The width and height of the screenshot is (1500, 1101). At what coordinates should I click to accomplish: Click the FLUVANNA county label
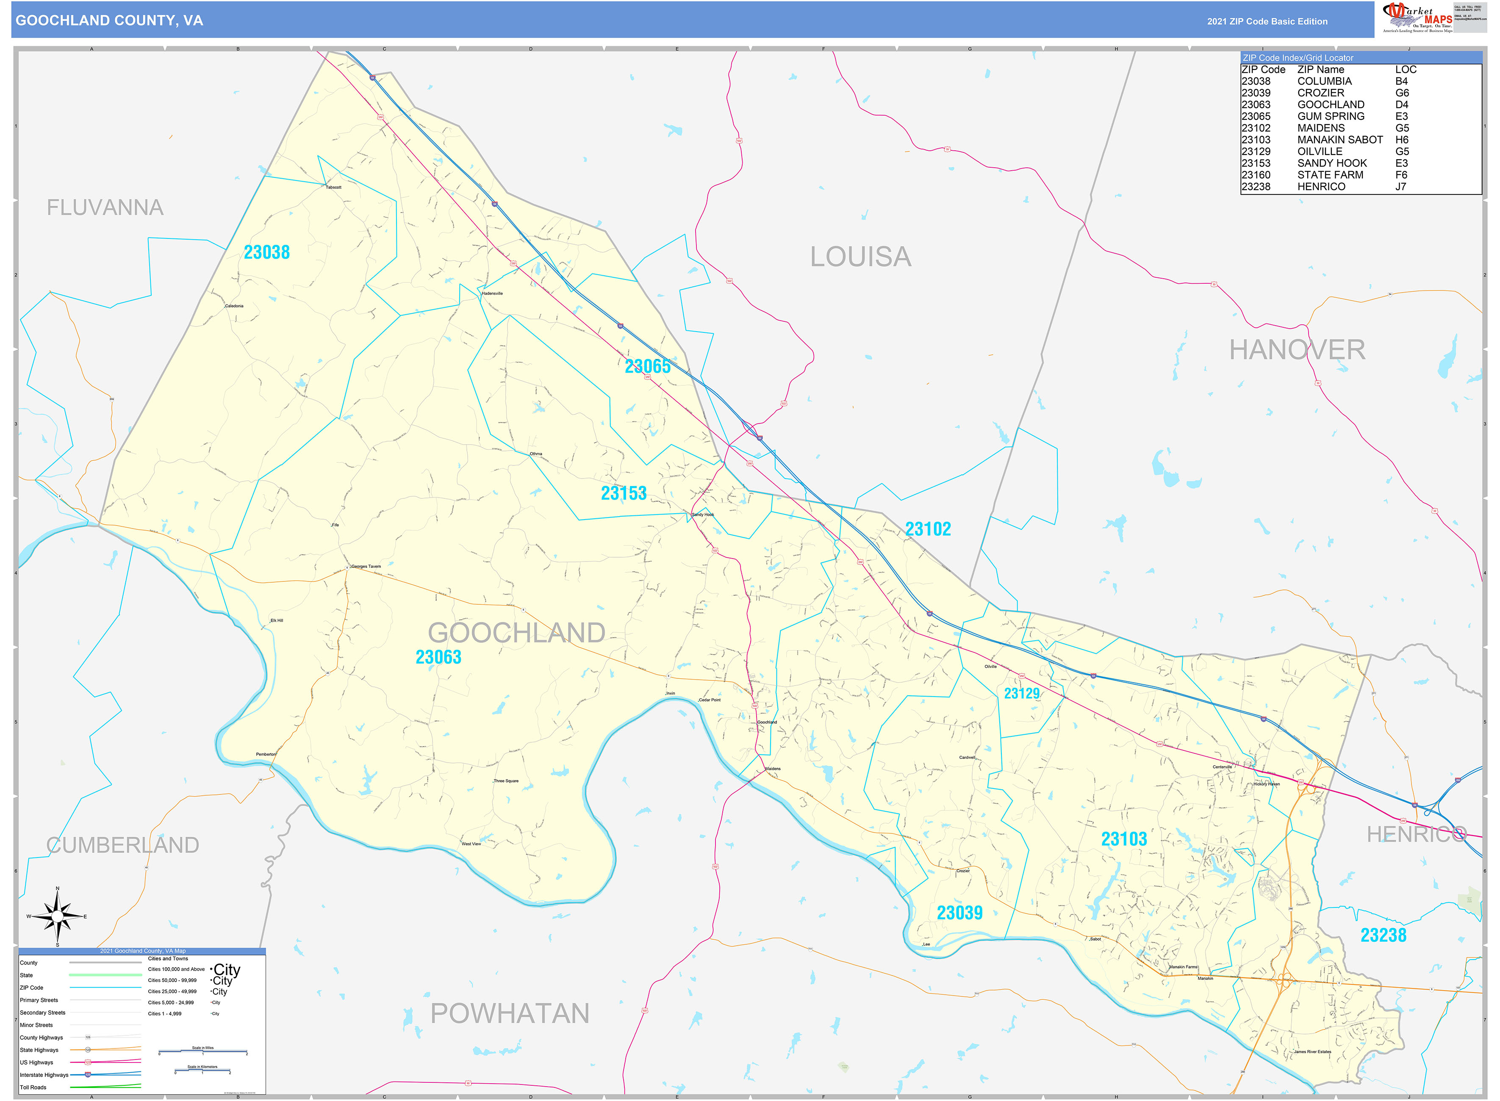105,208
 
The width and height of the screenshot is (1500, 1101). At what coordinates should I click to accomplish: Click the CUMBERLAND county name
123,845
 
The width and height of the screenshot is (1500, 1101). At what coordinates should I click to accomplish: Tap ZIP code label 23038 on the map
267,252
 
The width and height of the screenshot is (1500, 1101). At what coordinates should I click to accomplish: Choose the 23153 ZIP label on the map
623,493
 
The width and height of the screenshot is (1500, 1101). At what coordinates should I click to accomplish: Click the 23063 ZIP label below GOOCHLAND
438,658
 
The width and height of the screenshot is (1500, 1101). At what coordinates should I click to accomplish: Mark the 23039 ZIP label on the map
959,913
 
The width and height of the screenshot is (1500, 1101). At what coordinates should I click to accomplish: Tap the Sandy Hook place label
703,515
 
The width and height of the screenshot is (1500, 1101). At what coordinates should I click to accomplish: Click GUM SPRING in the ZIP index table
1330,116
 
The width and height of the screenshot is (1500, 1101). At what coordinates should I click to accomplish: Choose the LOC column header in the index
1406,70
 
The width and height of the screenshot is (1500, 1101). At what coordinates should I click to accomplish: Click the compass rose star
57,917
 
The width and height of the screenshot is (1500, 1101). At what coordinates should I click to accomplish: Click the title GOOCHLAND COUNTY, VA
109,21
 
